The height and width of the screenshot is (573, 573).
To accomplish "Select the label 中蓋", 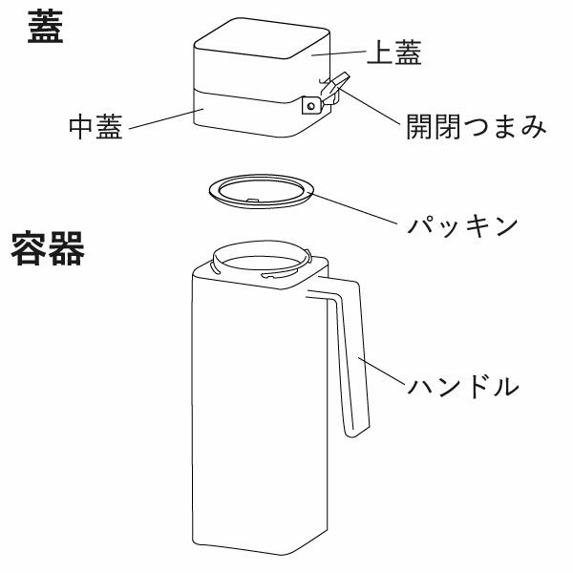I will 95,127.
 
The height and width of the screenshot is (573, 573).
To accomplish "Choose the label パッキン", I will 462,226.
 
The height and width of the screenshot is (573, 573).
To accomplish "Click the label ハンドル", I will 463,387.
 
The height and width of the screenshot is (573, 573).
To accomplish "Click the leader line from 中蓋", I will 162,118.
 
